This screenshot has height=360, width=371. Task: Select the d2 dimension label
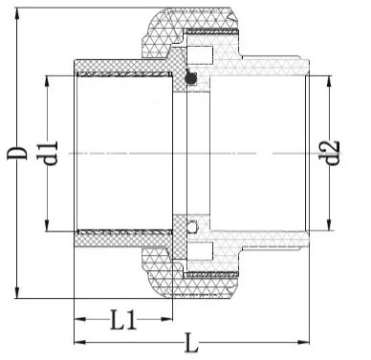coord(333,153)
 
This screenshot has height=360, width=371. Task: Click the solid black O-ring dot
coord(189,80)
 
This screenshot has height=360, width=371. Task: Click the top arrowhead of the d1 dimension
coord(44,77)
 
